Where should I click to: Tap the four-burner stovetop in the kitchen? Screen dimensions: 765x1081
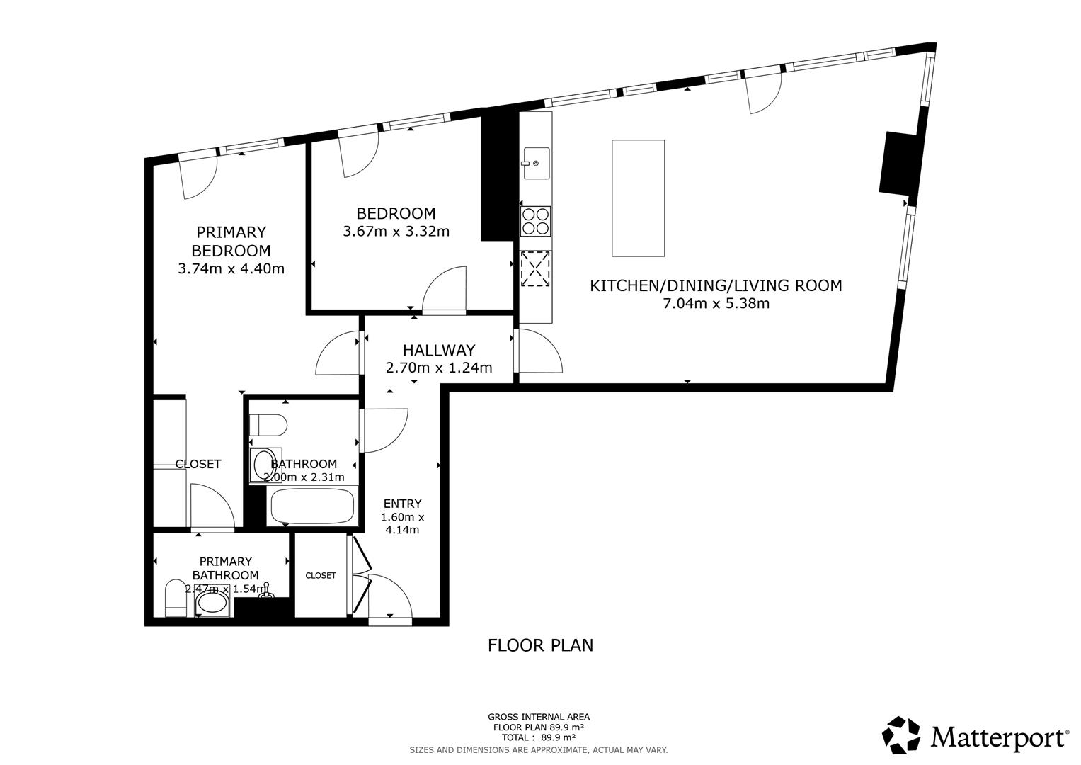point(535,221)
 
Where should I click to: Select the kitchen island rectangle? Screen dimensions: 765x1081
point(638,198)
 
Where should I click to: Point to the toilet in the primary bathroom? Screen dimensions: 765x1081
point(175,599)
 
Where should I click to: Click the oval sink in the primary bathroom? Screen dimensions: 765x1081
point(212,604)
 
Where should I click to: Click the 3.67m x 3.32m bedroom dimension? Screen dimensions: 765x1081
point(396,232)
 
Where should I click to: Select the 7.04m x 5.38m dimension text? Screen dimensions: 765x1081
point(716,304)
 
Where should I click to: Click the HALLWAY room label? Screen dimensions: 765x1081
point(438,350)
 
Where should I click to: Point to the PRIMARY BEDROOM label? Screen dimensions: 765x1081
point(231,242)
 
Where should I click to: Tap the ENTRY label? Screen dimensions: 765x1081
point(402,504)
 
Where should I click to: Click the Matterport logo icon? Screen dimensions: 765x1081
point(901,735)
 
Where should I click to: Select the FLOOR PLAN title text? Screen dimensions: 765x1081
point(540,645)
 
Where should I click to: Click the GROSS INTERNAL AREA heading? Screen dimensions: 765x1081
point(538,717)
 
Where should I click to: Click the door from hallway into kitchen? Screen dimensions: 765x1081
point(538,351)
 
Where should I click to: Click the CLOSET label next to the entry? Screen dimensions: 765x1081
point(321,575)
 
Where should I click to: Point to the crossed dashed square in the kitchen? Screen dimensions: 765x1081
point(535,269)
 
